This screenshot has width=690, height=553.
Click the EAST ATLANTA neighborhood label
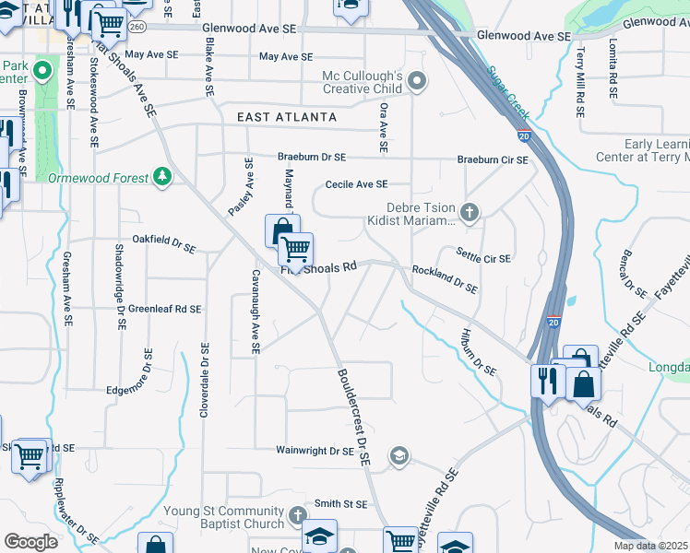(x=287, y=118)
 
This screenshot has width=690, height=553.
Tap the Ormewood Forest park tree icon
(x=162, y=176)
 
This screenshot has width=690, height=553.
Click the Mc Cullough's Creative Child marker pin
(x=417, y=82)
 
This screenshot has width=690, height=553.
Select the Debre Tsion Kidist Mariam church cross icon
(x=470, y=214)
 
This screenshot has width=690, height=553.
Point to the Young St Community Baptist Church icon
(x=297, y=514)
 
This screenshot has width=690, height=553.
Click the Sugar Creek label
(x=508, y=92)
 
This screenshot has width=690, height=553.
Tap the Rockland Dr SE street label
(x=445, y=278)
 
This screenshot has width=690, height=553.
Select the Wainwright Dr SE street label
(x=315, y=452)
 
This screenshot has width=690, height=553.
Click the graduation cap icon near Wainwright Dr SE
(x=399, y=454)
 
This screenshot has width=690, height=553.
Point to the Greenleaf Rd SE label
(x=164, y=309)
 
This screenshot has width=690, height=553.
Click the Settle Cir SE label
(x=483, y=255)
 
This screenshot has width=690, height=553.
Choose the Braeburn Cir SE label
(x=494, y=159)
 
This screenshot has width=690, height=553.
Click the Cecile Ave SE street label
(x=355, y=184)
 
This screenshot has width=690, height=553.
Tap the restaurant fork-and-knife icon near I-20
(x=545, y=380)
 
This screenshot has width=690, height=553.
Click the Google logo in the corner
(x=30, y=542)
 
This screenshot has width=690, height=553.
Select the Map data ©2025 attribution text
(x=650, y=546)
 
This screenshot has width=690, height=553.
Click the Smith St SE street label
(x=340, y=504)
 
